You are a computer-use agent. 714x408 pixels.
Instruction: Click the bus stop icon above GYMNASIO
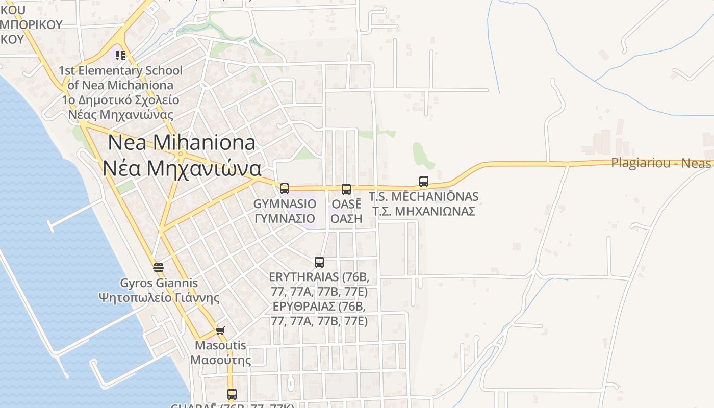(285, 189)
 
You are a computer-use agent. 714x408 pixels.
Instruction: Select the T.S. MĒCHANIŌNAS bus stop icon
(424, 181)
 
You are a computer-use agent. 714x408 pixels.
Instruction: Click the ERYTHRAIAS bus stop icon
(319, 262)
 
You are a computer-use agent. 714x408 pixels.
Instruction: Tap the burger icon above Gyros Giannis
(159, 267)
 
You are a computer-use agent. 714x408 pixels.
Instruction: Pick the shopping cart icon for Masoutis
(220, 330)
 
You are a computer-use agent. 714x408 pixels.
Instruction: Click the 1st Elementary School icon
(120, 55)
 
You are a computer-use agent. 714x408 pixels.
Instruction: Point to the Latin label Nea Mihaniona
(182, 142)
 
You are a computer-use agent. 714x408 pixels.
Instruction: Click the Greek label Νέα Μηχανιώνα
(182, 168)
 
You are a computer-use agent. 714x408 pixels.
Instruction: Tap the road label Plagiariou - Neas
(661, 163)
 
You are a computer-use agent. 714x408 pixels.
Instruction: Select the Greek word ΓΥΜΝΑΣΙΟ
(285, 218)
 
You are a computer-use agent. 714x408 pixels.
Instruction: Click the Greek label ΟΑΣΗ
(346, 218)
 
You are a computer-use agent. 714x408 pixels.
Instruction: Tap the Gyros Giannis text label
(159, 283)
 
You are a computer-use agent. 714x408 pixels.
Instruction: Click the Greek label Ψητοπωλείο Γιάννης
(159, 297)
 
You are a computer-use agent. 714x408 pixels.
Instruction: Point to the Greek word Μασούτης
(220, 360)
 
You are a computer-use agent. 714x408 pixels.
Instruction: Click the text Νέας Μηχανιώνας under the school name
(120, 114)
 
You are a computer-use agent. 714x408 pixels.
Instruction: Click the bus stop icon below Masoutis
(232, 394)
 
